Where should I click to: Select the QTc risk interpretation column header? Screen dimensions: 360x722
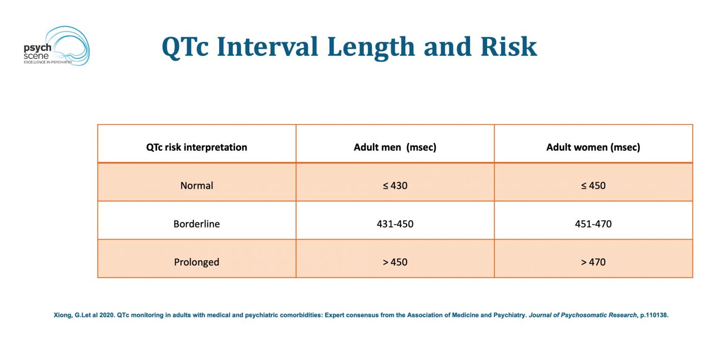196,147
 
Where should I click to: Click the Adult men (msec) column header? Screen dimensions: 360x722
395,147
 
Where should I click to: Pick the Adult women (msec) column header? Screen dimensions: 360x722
593,147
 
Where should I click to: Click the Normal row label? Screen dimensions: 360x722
196,186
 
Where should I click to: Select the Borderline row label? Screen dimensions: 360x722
196,224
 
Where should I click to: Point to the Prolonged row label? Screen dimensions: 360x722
196,262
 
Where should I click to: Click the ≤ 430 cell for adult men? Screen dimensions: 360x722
395,186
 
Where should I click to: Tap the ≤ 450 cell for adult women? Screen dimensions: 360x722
593,186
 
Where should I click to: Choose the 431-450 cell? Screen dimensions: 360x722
395,224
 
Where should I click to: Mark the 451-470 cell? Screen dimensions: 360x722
593,224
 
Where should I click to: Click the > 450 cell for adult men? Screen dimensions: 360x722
395,262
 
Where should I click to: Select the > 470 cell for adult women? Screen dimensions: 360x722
593,262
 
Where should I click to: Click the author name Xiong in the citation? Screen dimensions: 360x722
63,315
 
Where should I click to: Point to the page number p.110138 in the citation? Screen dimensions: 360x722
654,315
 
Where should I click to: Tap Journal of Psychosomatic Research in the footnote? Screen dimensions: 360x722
582,315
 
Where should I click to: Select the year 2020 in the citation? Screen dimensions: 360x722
107,315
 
